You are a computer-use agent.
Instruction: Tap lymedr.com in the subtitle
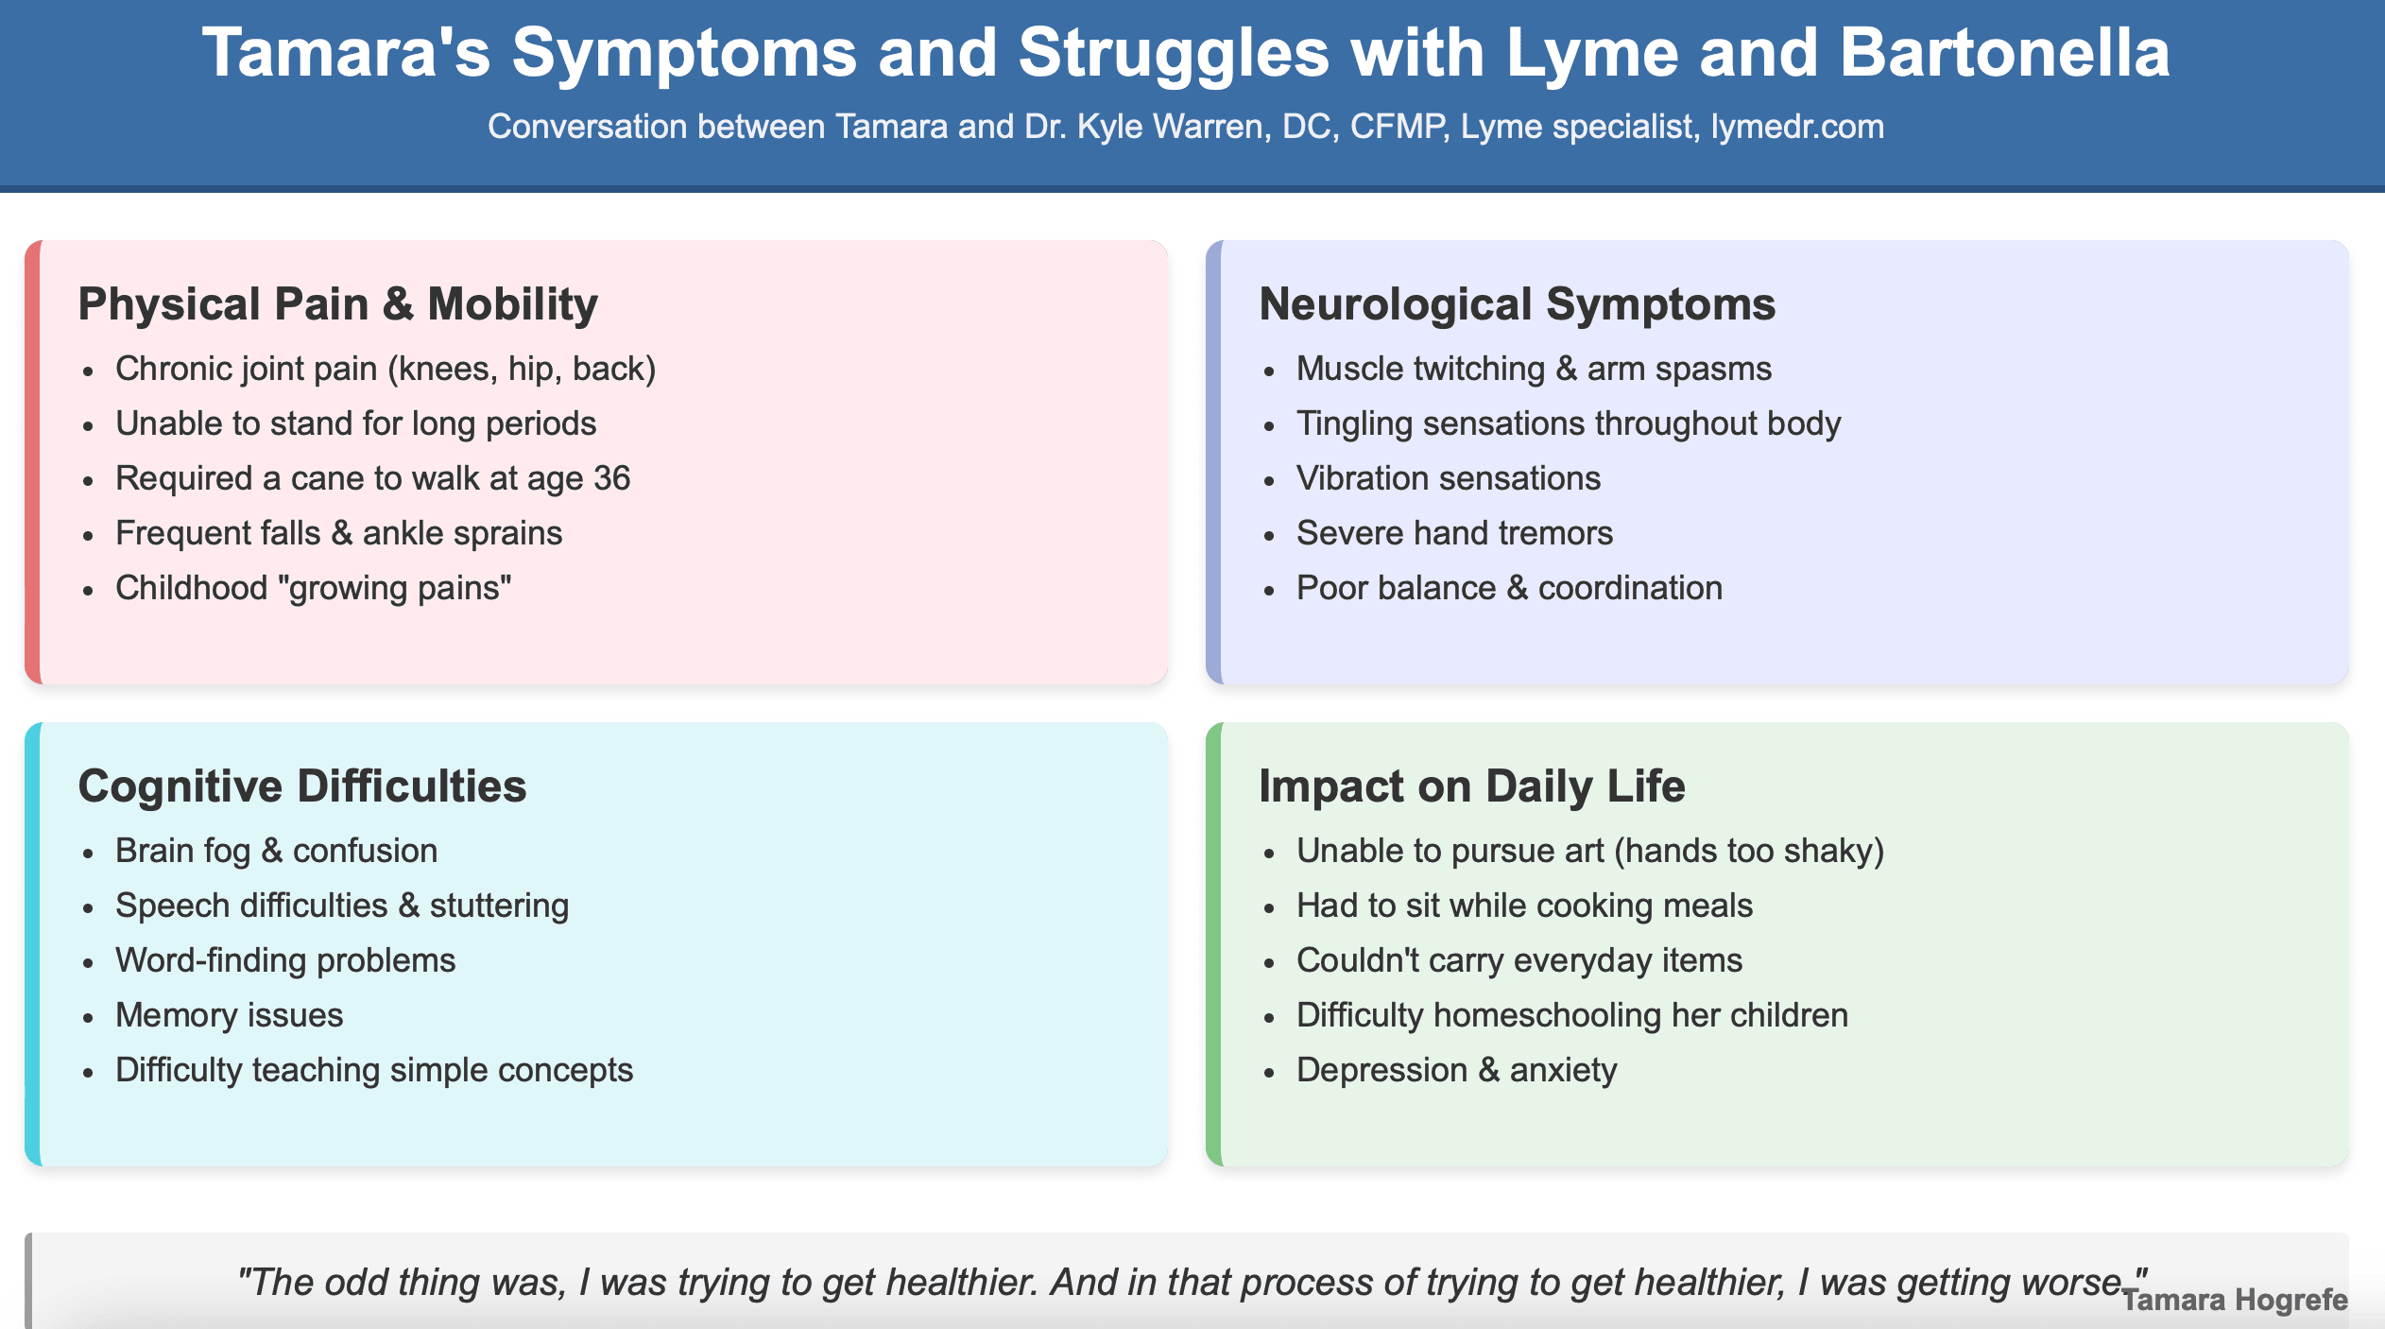pos(1796,127)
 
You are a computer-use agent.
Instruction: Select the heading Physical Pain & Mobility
pos(337,304)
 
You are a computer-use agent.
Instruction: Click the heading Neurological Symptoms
pos(1517,304)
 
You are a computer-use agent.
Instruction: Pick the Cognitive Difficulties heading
pos(301,786)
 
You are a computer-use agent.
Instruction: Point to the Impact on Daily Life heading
pos(1471,786)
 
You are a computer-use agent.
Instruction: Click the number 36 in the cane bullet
pos(611,478)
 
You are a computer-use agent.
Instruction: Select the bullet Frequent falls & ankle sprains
pos(338,533)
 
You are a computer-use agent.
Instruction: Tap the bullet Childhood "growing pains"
pos(313,588)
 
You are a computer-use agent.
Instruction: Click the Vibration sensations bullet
pos(1448,478)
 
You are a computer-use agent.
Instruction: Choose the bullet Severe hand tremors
pos(1454,533)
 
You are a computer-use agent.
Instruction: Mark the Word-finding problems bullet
pos(285,960)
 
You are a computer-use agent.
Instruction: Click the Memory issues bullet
pos(229,1015)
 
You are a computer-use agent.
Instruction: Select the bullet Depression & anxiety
pos(1456,1070)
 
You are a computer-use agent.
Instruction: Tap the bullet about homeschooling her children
pos(1571,1015)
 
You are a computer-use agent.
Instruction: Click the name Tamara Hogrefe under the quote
pos(2234,1301)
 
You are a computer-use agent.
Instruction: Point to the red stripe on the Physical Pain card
pos(32,462)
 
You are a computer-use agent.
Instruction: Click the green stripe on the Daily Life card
pos(1213,944)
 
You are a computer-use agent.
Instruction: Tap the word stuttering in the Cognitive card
pos(499,906)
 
